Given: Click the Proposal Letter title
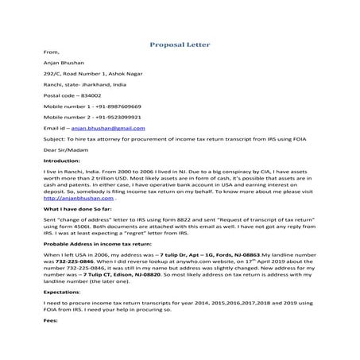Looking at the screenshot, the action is [180, 46].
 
